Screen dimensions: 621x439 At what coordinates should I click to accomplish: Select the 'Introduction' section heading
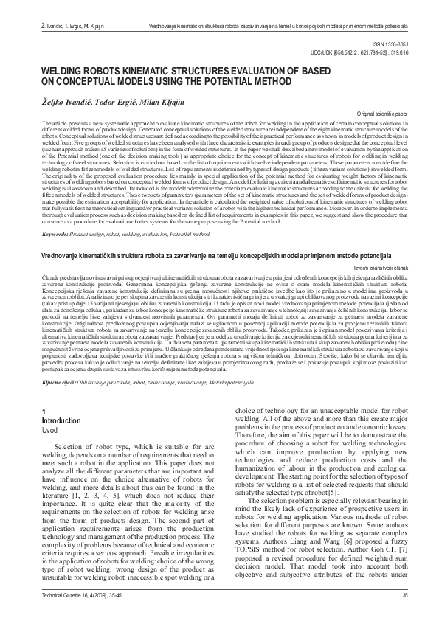coord(62,398)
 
